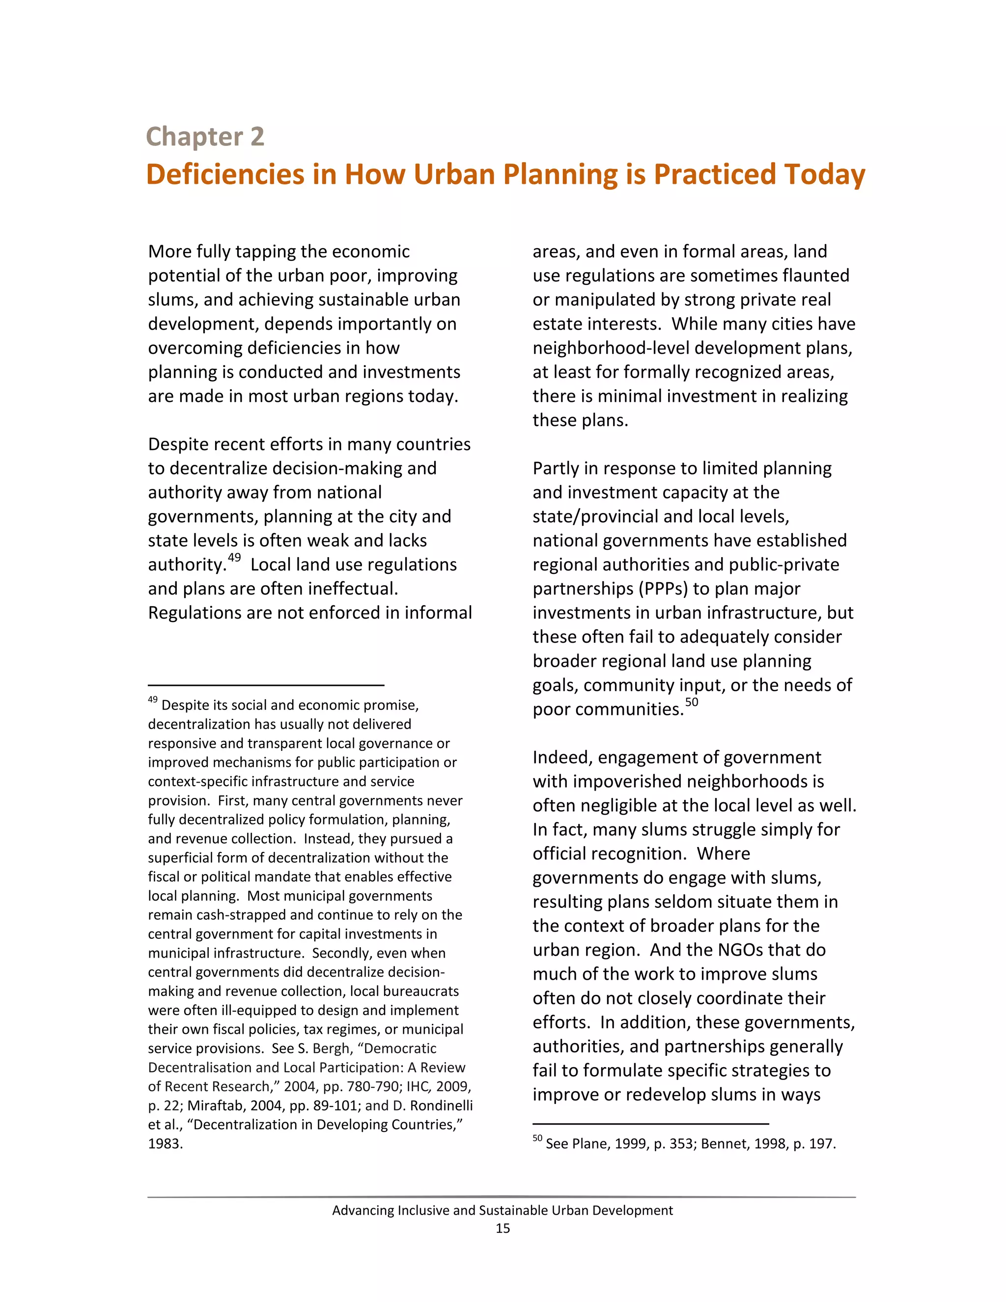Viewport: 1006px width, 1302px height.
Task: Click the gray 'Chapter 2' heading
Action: (205, 137)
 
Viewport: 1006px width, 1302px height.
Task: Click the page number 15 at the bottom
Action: (503, 1228)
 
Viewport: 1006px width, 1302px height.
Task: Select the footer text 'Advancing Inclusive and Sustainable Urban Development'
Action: (503, 1210)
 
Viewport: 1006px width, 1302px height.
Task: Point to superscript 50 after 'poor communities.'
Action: (691, 702)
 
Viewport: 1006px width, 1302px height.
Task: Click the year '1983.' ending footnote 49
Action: (165, 1144)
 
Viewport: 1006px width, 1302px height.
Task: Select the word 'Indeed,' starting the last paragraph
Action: (562, 758)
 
